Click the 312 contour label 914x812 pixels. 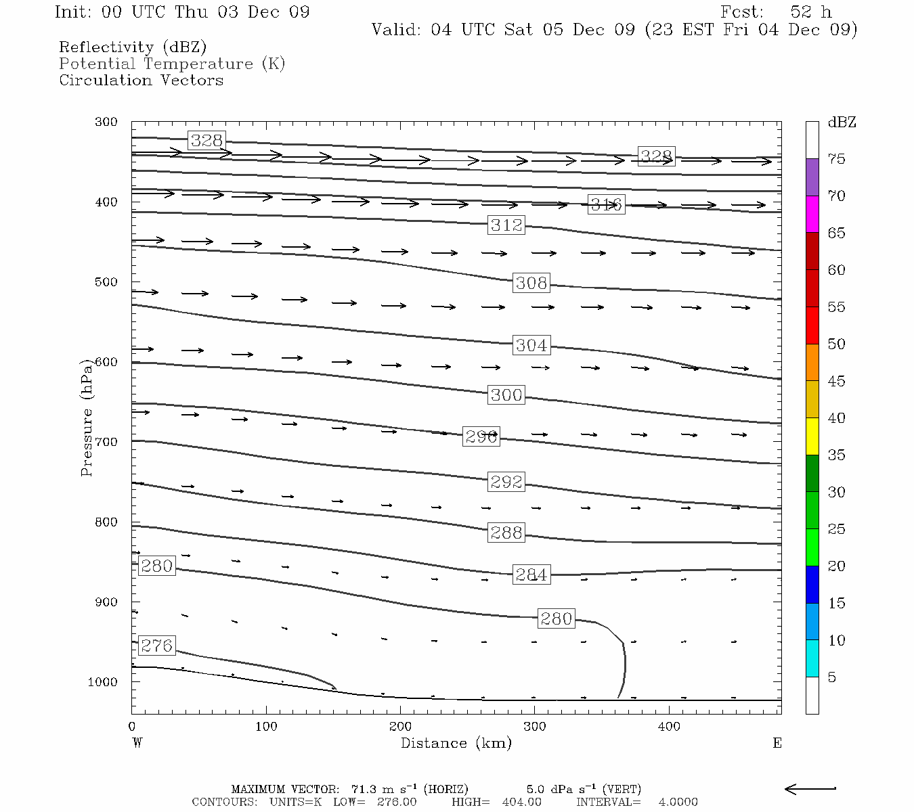click(506, 225)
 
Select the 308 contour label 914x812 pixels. click(531, 283)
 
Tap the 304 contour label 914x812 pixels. click(531, 345)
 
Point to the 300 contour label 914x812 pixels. click(506, 394)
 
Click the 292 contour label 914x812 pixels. click(506, 482)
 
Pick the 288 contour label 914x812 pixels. click(506, 533)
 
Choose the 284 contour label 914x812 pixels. click(531, 574)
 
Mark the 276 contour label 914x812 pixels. click(156, 646)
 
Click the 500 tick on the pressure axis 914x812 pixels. click(106, 282)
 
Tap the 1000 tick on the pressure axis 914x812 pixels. click(103, 682)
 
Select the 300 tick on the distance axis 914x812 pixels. click(535, 727)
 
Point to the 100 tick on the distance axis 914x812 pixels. click(266, 727)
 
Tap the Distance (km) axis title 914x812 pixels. click(456, 743)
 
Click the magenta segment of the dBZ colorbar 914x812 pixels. click(812, 214)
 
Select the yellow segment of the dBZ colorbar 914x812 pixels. click(812, 436)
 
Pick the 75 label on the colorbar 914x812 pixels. click(837, 159)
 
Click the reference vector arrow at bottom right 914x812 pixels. click(810, 788)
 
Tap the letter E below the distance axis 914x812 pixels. click(777, 743)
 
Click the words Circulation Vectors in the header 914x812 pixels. click(141, 80)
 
